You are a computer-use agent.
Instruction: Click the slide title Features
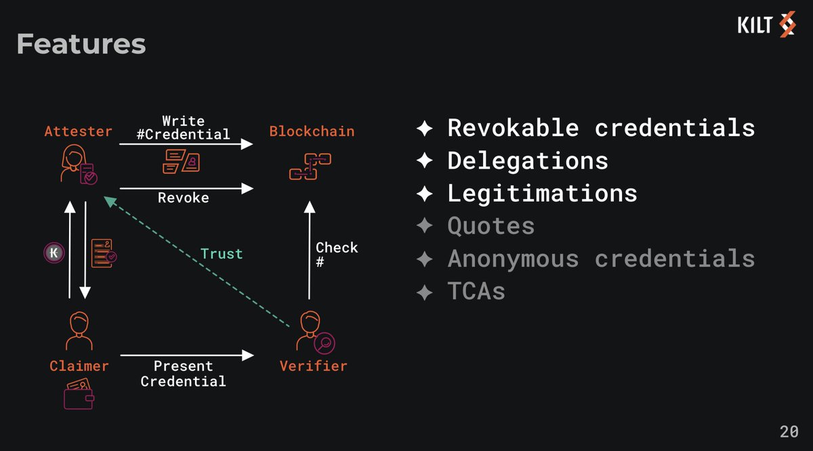(81, 45)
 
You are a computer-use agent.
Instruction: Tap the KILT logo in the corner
(766, 26)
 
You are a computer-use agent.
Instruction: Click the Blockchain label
(312, 131)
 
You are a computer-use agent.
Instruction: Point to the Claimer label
(79, 366)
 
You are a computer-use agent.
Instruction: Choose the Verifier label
(313, 366)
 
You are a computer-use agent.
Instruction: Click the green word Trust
(222, 254)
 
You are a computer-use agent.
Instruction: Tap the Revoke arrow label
(183, 198)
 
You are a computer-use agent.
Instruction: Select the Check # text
(337, 253)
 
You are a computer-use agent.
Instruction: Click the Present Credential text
(183, 374)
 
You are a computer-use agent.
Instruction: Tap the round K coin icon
(53, 253)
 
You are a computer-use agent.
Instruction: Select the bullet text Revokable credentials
(601, 127)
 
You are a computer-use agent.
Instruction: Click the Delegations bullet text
(528, 160)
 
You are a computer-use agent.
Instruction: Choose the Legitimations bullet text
(542, 193)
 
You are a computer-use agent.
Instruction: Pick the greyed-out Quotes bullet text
(491, 226)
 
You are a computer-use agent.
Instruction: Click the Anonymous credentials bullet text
(601, 259)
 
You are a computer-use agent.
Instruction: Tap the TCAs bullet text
(476, 292)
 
